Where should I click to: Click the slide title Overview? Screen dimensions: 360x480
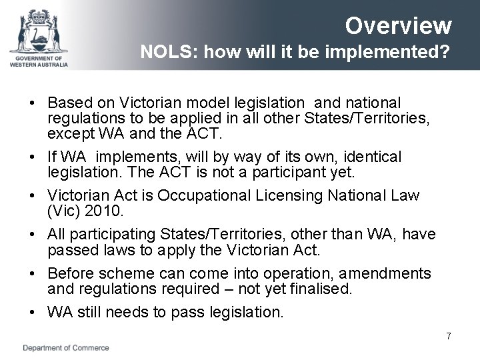tap(399, 26)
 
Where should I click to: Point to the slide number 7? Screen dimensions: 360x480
tap(449, 336)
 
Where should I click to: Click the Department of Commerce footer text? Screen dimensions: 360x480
tap(66, 347)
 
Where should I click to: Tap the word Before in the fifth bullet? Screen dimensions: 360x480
tap(71, 274)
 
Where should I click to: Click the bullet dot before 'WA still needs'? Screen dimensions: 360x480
tap(31, 312)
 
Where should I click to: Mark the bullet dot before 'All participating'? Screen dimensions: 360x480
tap(31, 235)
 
